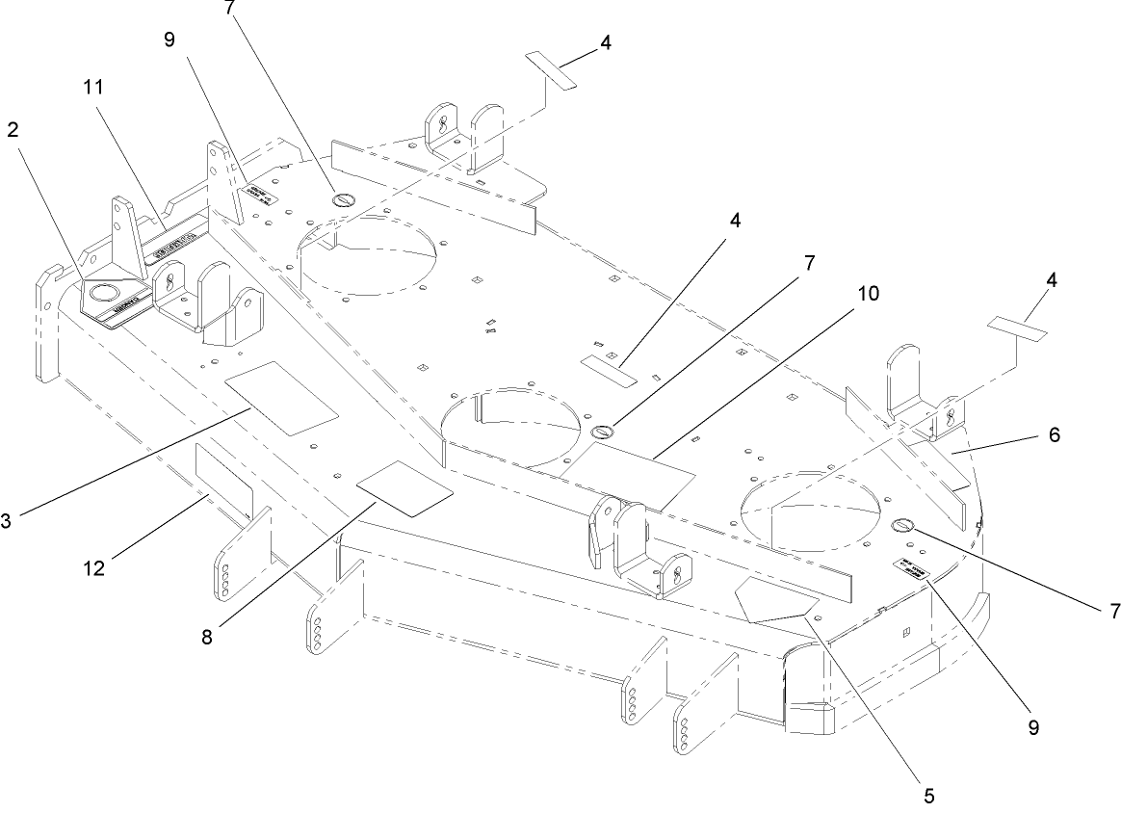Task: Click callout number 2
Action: (x=13, y=131)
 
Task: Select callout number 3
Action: (x=9, y=522)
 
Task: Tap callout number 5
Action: (x=928, y=796)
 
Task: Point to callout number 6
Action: (x=1054, y=434)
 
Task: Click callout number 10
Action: (x=867, y=295)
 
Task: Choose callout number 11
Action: (x=93, y=86)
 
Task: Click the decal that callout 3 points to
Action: (x=281, y=397)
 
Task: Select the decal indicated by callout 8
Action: (x=404, y=488)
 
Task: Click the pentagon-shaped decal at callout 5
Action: (x=770, y=600)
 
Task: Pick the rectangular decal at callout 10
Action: (x=628, y=469)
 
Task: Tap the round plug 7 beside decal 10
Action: (x=603, y=432)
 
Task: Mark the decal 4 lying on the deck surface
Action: (x=609, y=369)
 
